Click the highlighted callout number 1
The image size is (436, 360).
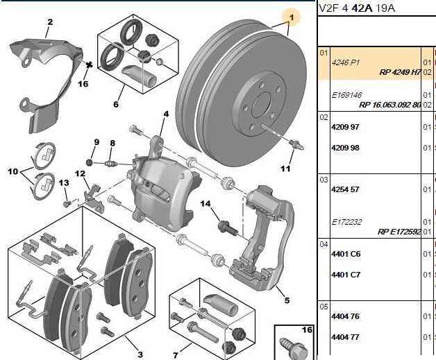[x=292, y=17]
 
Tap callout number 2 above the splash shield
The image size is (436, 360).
[x=50, y=22]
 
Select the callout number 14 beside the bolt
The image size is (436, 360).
[x=206, y=204]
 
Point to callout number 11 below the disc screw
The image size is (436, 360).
[x=285, y=169]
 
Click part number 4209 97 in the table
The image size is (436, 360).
[x=345, y=127]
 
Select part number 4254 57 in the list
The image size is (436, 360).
[x=345, y=189]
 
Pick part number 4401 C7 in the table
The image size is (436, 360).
[x=346, y=275]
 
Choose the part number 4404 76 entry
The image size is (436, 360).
[x=345, y=316]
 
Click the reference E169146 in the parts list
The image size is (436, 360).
[x=346, y=95]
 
